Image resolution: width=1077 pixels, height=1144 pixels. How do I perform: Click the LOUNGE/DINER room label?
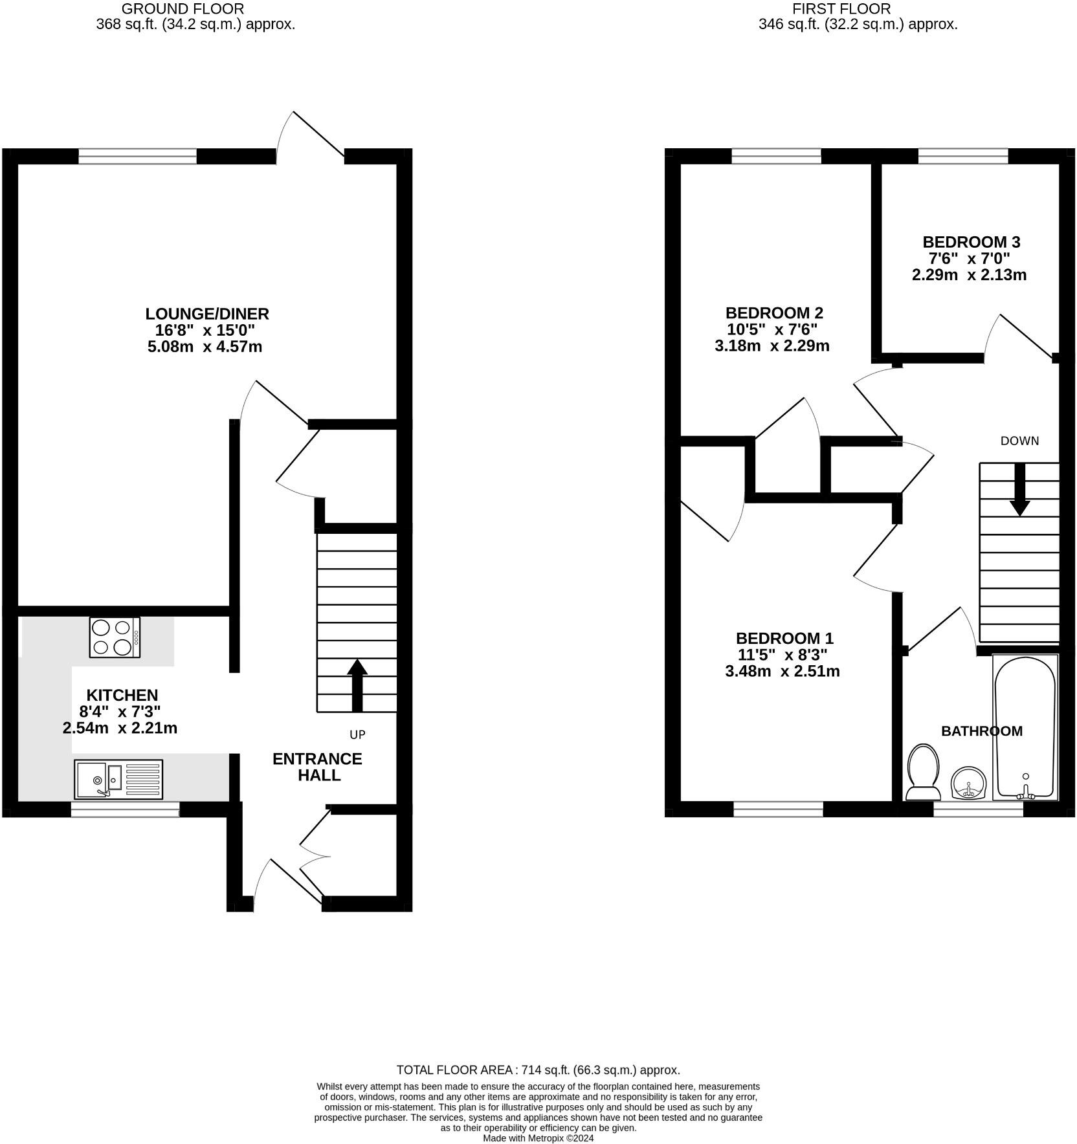pos(207,314)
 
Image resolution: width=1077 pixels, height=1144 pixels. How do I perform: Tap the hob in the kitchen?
pos(115,637)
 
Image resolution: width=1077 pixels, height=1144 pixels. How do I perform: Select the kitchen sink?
pos(118,779)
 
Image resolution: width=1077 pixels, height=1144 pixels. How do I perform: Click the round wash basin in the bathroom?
pos(968,783)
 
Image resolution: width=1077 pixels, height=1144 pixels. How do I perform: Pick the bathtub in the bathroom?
pos(1025,727)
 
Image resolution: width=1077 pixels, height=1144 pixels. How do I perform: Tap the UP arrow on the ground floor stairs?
pos(357,686)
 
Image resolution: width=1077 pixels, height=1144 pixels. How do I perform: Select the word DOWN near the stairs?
pos(1019,441)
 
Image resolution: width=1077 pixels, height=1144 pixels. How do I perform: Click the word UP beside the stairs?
pos(357,734)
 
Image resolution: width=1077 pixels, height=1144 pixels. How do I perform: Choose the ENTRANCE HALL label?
pos(317,767)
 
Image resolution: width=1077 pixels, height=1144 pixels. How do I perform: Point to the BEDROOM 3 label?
pos(971,242)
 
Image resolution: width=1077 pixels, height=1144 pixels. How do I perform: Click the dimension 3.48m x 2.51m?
pos(783,671)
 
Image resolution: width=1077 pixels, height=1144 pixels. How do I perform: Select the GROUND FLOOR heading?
pos(183,9)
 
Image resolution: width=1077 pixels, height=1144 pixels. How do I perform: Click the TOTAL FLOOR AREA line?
pos(538,1070)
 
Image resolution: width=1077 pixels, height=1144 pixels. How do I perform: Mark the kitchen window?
pos(125,809)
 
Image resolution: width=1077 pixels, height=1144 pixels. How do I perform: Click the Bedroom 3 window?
pos(963,156)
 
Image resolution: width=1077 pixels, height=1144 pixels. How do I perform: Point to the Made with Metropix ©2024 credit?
pos(538,1138)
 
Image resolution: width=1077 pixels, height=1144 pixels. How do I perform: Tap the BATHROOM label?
pos(981,731)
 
